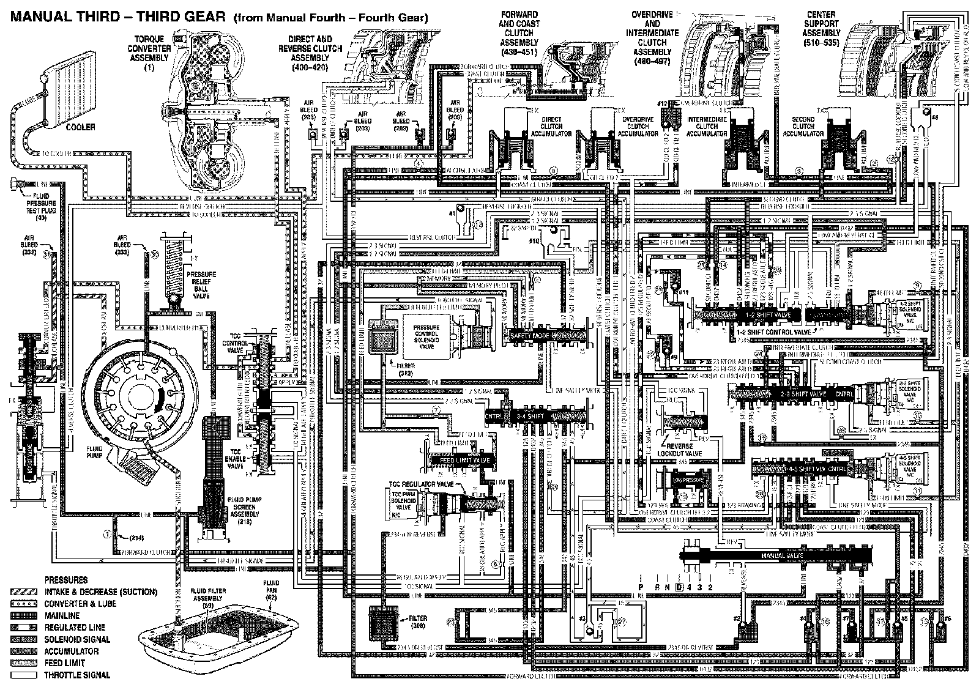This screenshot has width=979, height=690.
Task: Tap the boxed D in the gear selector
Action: pos(679,587)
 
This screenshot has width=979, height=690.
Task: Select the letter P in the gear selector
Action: pos(641,587)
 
